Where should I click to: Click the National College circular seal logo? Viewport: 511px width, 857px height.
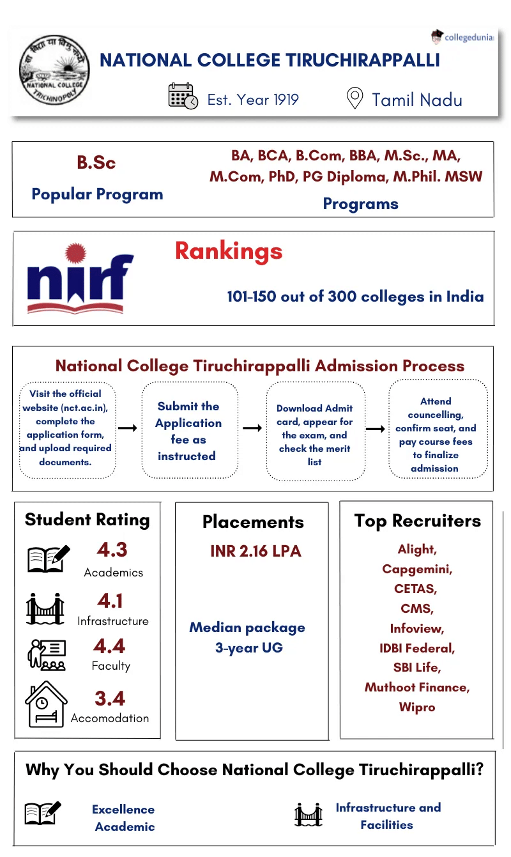coord(54,71)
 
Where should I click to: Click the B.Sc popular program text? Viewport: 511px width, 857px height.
coord(96,163)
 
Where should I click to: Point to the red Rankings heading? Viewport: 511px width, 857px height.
coord(229,251)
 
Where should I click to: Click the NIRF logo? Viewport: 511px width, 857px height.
coord(80,279)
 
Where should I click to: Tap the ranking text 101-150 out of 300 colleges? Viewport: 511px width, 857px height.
coord(355,297)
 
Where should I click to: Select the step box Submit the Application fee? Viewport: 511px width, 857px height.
coord(188,431)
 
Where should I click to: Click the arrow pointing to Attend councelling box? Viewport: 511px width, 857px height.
coord(376,428)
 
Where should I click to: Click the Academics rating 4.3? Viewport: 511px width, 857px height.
coord(112,550)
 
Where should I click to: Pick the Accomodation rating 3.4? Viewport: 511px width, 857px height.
coord(110,698)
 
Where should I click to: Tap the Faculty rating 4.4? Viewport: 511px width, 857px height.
coord(110,646)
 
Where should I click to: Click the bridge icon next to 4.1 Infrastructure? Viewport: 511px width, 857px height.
coord(45,609)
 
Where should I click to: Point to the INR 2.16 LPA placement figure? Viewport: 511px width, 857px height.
coord(256,551)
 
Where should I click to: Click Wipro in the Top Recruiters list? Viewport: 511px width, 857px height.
coord(417,707)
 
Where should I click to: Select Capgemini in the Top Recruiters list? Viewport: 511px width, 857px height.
coord(417,569)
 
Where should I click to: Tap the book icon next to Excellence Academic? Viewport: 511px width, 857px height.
coord(43,813)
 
